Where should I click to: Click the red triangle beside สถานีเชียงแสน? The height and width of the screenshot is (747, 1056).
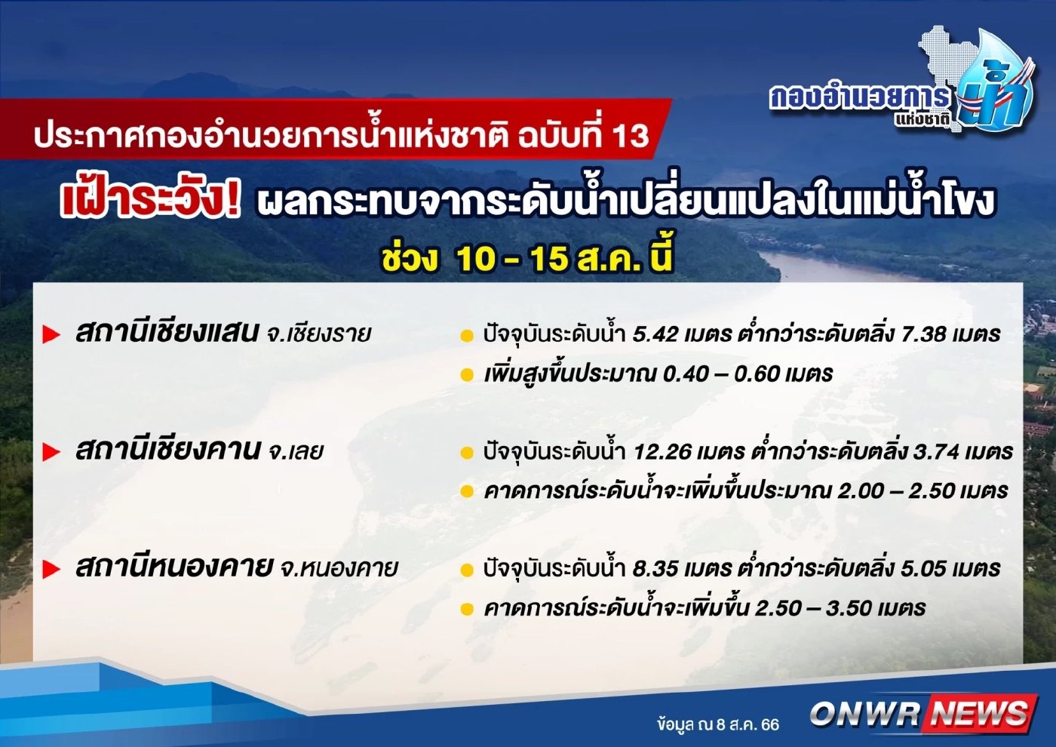[x=51, y=334]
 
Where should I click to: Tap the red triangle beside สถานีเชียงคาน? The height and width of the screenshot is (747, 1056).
[x=51, y=452]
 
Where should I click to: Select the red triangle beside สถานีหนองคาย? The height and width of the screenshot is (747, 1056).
[x=51, y=569]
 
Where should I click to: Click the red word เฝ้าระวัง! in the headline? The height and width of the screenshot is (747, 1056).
[x=151, y=201]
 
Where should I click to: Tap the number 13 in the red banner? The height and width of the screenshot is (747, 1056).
[x=629, y=136]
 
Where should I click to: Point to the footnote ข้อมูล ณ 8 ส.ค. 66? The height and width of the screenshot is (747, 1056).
[x=717, y=724]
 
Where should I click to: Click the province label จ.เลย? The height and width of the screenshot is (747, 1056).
[x=296, y=452]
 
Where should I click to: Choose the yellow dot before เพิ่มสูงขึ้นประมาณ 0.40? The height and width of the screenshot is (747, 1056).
[x=467, y=375]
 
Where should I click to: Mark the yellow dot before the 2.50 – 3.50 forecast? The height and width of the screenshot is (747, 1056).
[x=467, y=609]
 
